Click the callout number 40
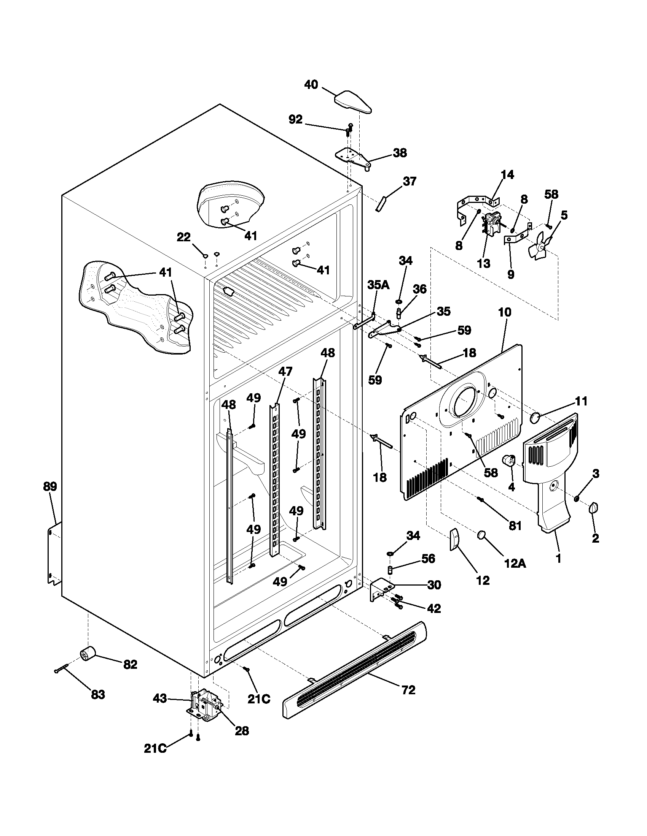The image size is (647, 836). pos(311,85)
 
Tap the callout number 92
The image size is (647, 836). pos(295,120)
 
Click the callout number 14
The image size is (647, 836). pos(507,175)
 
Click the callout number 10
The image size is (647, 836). pos(504,312)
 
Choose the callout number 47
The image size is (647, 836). pos(285,371)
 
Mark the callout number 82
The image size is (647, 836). pos(130,665)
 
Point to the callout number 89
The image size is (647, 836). pos(50,486)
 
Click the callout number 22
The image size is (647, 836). pos(183,237)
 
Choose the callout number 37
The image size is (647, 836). pos(410,181)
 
